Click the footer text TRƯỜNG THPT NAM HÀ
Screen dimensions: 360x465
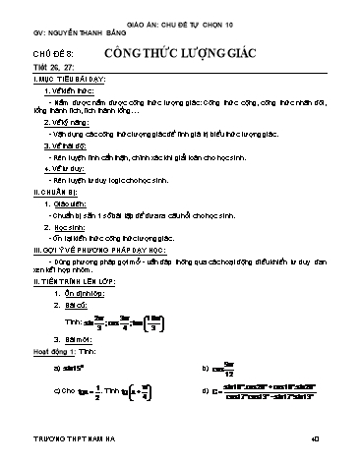70,456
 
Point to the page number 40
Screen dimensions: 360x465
338,456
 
